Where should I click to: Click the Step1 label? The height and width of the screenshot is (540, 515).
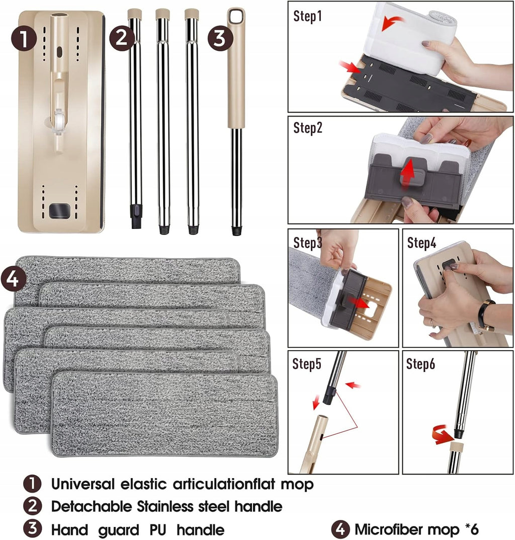click(x=307, y=16)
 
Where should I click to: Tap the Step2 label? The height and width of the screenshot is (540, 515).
click(x=308, y=128)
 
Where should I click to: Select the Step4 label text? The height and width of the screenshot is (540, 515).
click(x=421, y=243)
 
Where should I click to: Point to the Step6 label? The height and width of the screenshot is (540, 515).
click(x=420, y=364)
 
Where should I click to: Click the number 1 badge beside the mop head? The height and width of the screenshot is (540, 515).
click(x=24, y=38)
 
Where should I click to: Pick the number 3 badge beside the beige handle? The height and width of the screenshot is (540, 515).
click(x=220, y=38)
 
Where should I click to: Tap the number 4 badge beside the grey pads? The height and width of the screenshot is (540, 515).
click(x=14, y=279)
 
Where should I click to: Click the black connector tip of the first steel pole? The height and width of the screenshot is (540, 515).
click(x=136, y=216)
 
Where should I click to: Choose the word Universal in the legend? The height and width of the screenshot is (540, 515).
click(x=83, y=484)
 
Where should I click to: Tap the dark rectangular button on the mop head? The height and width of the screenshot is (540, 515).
click(x=59, y=211)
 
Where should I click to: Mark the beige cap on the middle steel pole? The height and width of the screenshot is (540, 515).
click(x=162, y=15)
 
